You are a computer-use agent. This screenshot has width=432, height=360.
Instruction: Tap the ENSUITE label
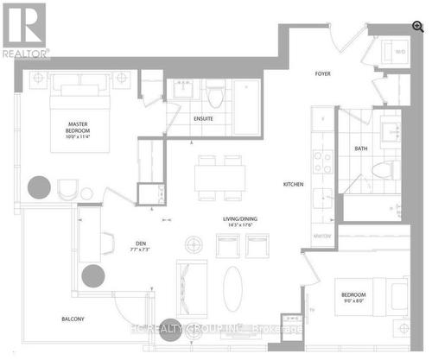(x=204, y=118)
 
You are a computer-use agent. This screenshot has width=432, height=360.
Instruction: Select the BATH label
(x=360, y=148)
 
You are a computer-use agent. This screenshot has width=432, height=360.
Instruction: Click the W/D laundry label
(x=400, y=53)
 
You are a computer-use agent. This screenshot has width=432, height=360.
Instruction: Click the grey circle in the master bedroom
(x=40, y=186)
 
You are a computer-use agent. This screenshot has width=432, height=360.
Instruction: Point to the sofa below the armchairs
(x=191, y=281)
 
